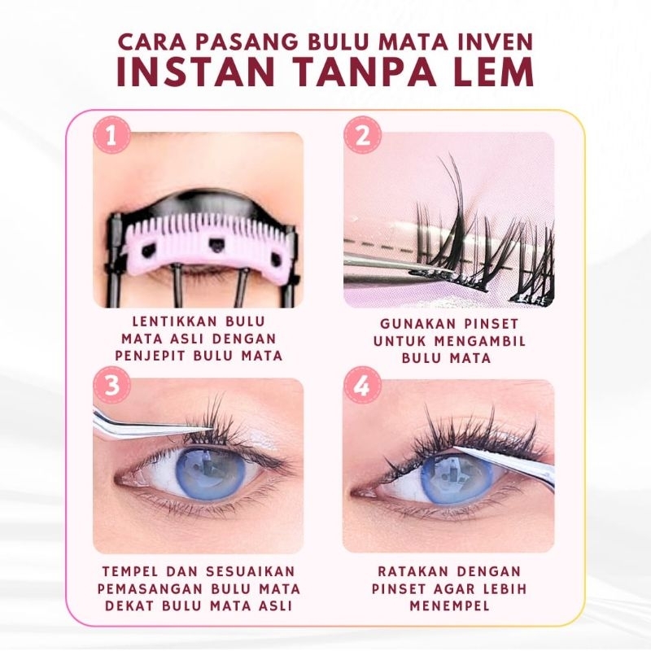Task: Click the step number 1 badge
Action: pyautogui.click(x=111, y=136)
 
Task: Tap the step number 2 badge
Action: pyautogui.click(x=362, y=135)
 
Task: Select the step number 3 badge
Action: pyautogui.click(x=112, y=385)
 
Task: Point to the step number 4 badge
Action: pyautogui.click(x=362, y=385)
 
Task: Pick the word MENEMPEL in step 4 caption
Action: pyautogui.click(x=450, y=605)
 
